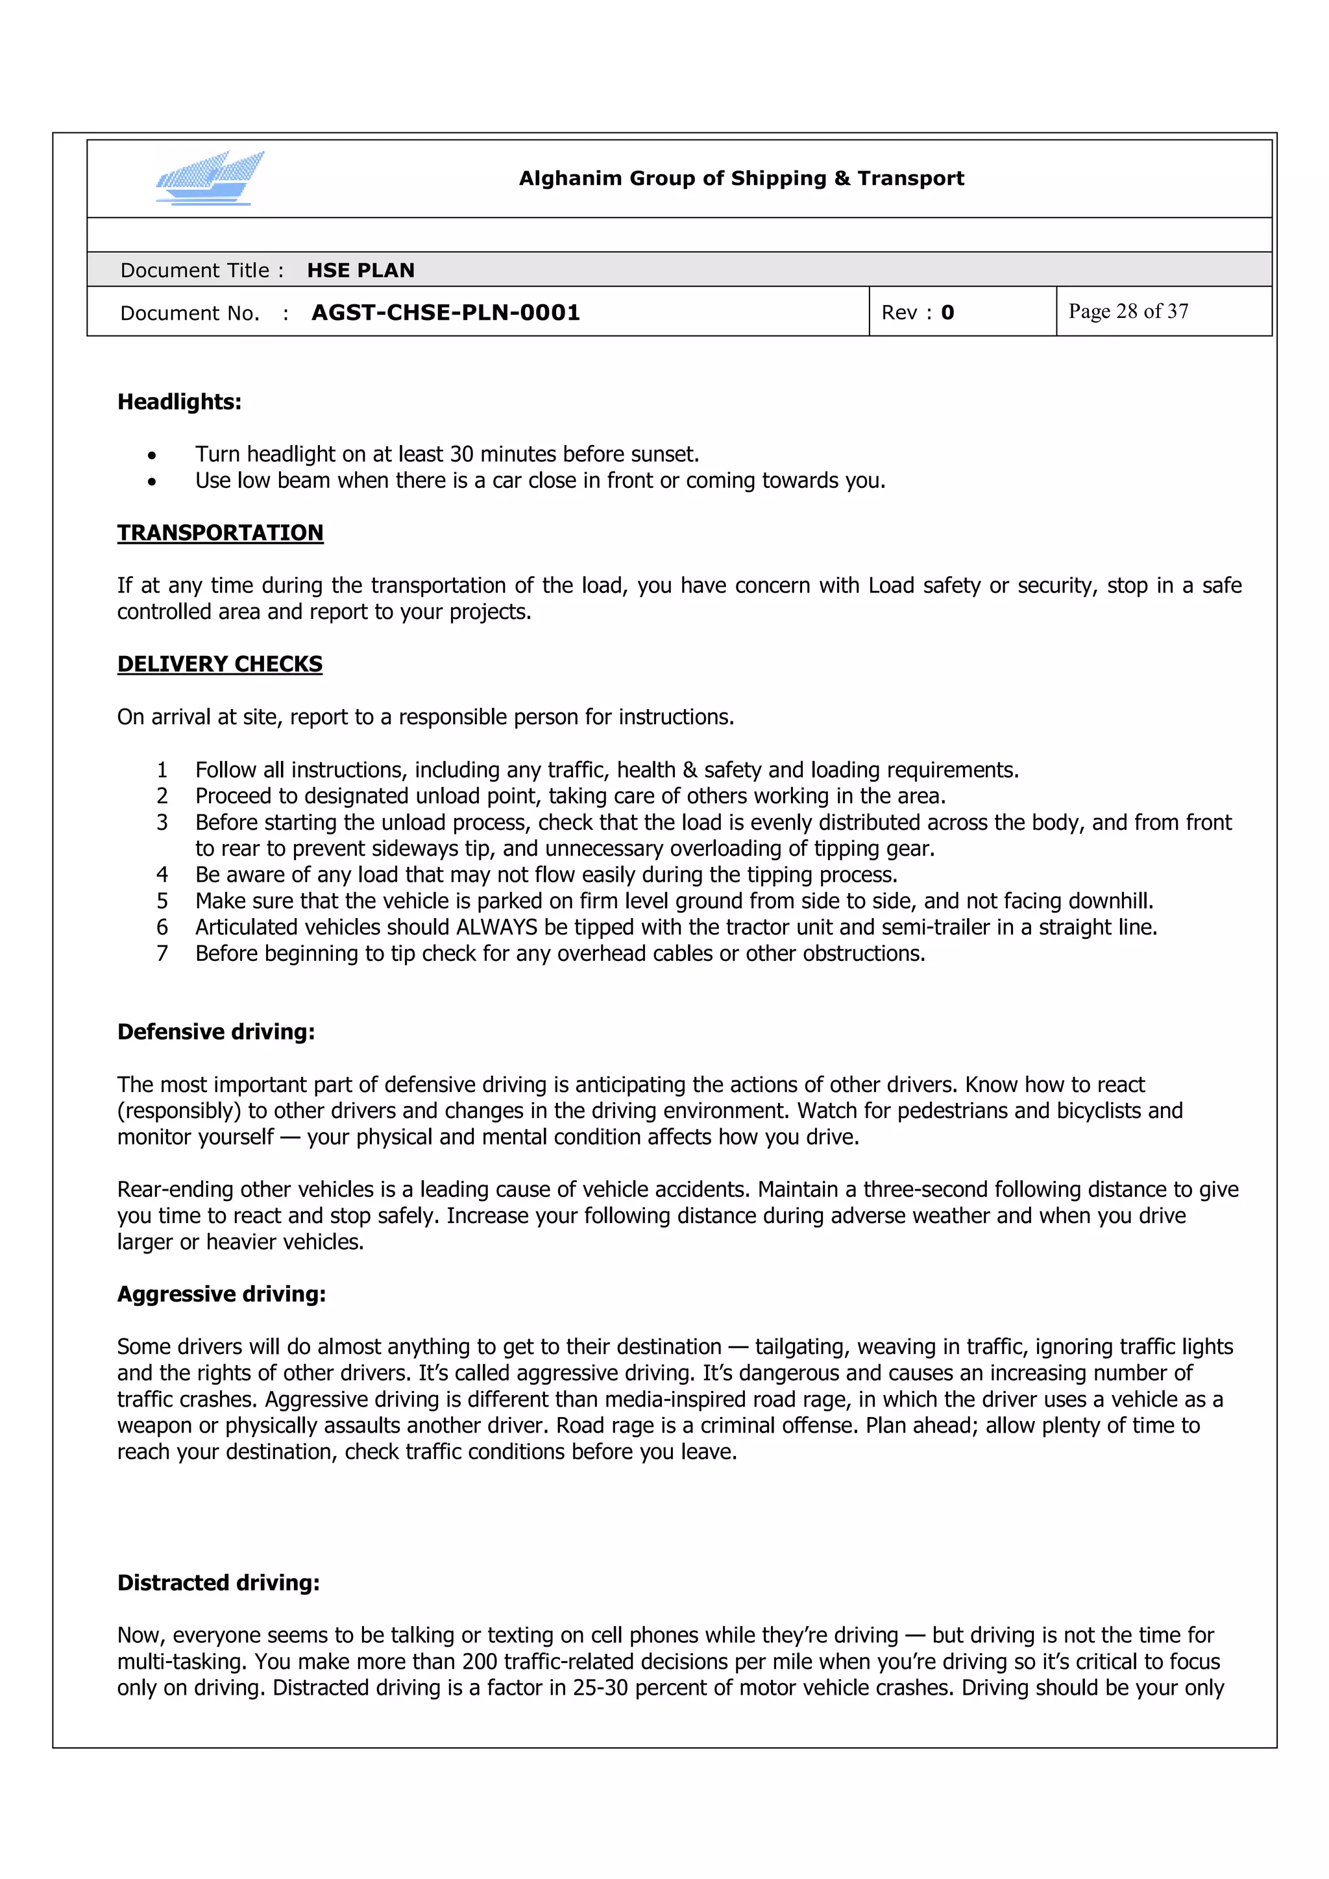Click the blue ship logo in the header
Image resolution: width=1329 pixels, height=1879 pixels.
(210, 178)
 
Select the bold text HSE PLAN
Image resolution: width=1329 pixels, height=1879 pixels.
(360, 271)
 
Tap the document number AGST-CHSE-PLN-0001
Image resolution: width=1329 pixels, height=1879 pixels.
(445, 313)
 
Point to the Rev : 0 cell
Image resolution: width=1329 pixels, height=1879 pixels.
(918, 313)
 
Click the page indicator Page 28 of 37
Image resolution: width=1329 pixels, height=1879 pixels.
(1128, 312)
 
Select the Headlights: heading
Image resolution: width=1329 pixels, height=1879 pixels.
(179, 402)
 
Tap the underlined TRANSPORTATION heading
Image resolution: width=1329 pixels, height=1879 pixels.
(220, 533)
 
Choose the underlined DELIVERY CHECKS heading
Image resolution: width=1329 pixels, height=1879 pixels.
(219, 664)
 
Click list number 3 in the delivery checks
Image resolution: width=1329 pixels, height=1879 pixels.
(162, 823)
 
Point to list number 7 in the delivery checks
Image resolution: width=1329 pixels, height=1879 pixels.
(162, 953)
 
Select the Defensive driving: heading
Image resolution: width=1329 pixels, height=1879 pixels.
(216, 1032)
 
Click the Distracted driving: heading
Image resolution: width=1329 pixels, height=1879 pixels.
(219, 1582)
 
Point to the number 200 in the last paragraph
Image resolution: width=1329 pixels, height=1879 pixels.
(479, 1661)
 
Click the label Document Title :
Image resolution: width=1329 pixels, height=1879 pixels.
(201, 271)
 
